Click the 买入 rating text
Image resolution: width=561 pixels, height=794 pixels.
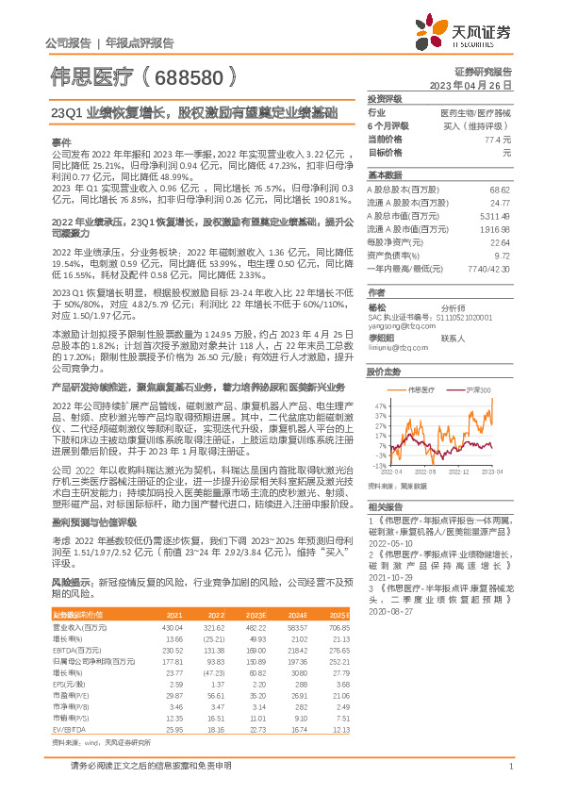coord(476,124)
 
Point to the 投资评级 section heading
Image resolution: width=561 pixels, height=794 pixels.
coord(385,98)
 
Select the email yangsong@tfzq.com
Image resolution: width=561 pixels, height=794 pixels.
coord(397,325)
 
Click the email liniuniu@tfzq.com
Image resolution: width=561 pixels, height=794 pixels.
coord(395,348)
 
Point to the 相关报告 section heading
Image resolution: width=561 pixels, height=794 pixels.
coord(385,505)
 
